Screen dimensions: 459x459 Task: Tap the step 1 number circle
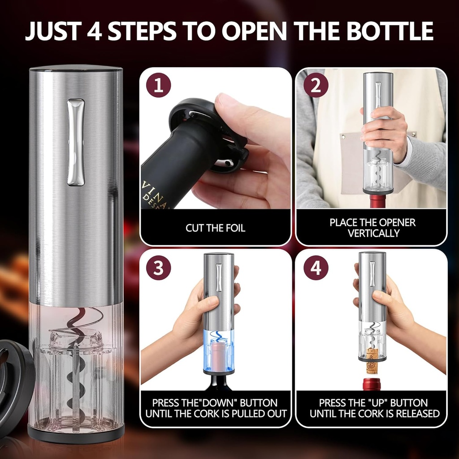[x=158, y=85]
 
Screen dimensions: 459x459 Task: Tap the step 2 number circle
[x=316, y=85]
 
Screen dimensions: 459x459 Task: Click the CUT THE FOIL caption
[x=215, y=228]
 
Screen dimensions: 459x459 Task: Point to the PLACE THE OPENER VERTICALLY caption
[x=372, y=228]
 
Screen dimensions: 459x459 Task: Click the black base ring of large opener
[x=76, y=433]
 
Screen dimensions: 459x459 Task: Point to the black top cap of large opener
[x=76, y=69]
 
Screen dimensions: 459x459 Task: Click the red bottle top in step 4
[x=372, y=384]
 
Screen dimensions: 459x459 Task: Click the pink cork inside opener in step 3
[x=218, y=357]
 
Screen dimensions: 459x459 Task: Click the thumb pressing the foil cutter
[x=233, y=108]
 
